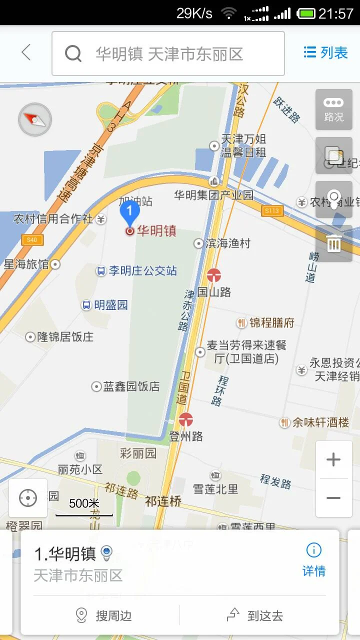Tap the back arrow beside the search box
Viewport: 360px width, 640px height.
26,52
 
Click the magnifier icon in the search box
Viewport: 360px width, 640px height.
73,53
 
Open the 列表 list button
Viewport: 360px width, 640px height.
326,52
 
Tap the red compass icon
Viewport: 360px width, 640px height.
34,119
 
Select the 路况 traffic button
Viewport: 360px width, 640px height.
333,109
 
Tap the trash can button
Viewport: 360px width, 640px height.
333,243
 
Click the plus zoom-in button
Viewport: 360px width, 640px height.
333,459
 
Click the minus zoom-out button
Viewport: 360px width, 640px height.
333,498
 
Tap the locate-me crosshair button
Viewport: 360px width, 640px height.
28,498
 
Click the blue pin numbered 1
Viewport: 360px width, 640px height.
130,213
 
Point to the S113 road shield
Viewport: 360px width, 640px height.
272,211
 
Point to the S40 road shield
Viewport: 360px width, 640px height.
32,240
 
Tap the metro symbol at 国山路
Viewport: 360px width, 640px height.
214,275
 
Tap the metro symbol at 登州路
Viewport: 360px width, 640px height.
186,419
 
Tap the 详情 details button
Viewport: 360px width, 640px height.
314,560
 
